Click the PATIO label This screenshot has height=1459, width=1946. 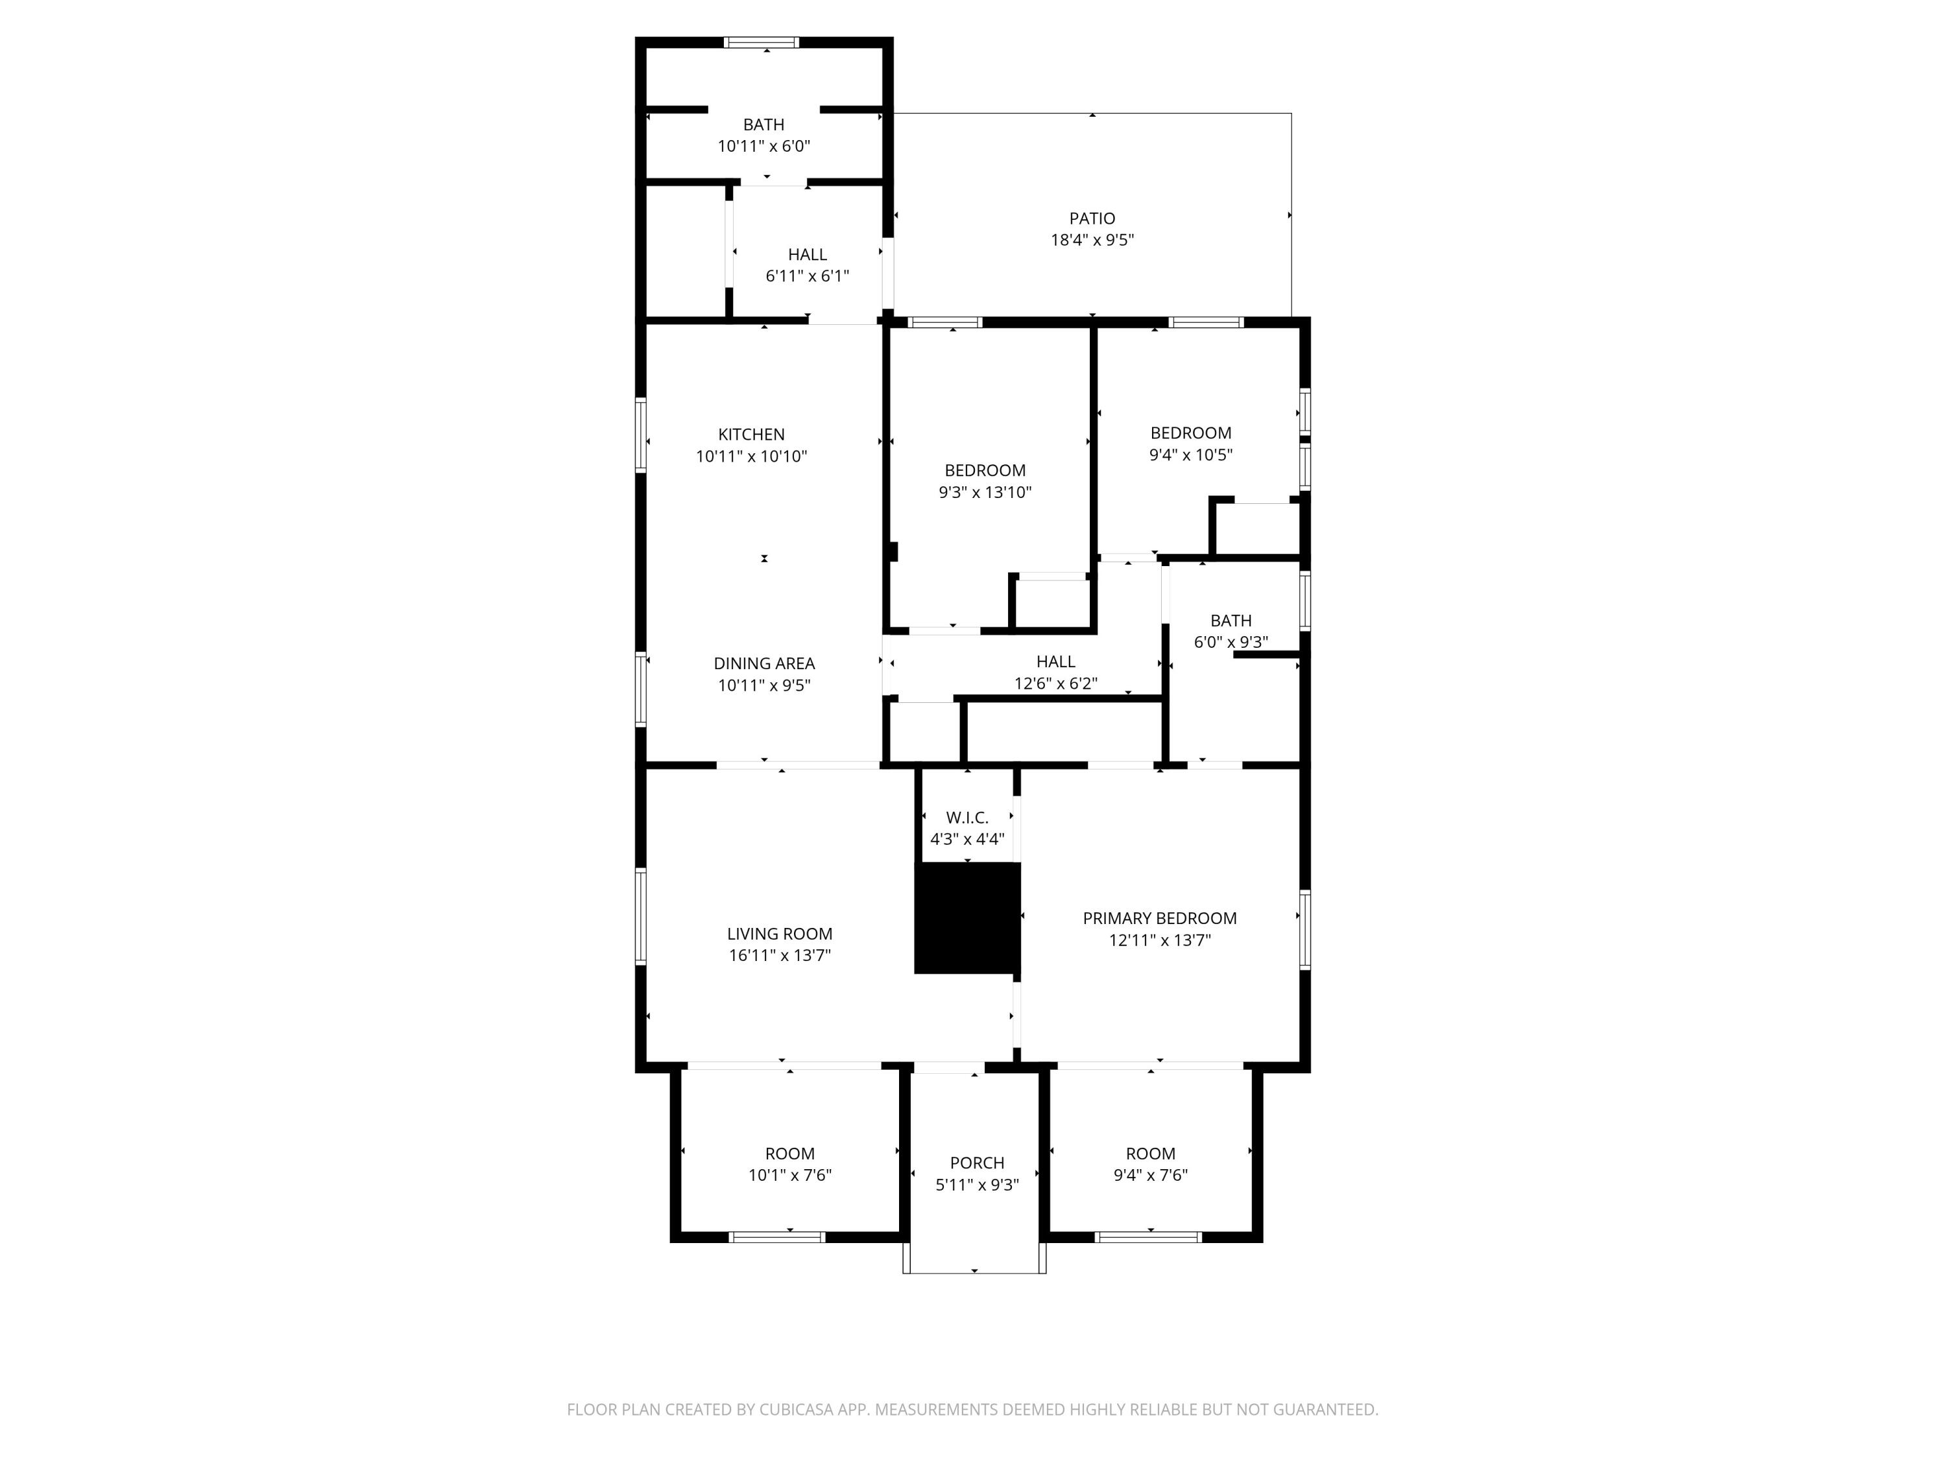pyautogui.click(x=1092, y=218)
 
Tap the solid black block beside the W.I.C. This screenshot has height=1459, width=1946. pyautogui.click(x=967, y=918)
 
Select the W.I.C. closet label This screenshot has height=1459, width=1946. pyautogui.click(x=967, y=818)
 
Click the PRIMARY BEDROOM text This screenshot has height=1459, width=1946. pyautogui.click(x=1160, y=918)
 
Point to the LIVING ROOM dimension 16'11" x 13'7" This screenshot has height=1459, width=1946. pyautogui.click(x=780, y=956)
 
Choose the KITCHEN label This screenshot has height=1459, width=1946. pyautogui.click(x=751, y=434)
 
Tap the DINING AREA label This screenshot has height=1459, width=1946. pyautogui.click(x=763, y=664)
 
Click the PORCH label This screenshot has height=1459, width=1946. pyautogui.click(x=976, y=1163)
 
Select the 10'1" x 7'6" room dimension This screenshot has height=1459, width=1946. pyautogui.click(x=790, y=1176)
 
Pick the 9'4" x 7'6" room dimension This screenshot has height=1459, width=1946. pyautogui.click(x=1151, y=1176)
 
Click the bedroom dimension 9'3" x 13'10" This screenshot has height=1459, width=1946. pyautogui.click(x=985, y=492)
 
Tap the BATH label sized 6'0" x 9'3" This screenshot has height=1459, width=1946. pyautogui.click(x=1231, y=621)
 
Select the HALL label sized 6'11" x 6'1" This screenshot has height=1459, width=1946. pyautogui.click(x=807, y=255)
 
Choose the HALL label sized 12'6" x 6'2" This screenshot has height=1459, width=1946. pyautogui.click(x=1055, y=662)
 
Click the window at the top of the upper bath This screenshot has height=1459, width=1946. pyautogui.click(x=761, y=42)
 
